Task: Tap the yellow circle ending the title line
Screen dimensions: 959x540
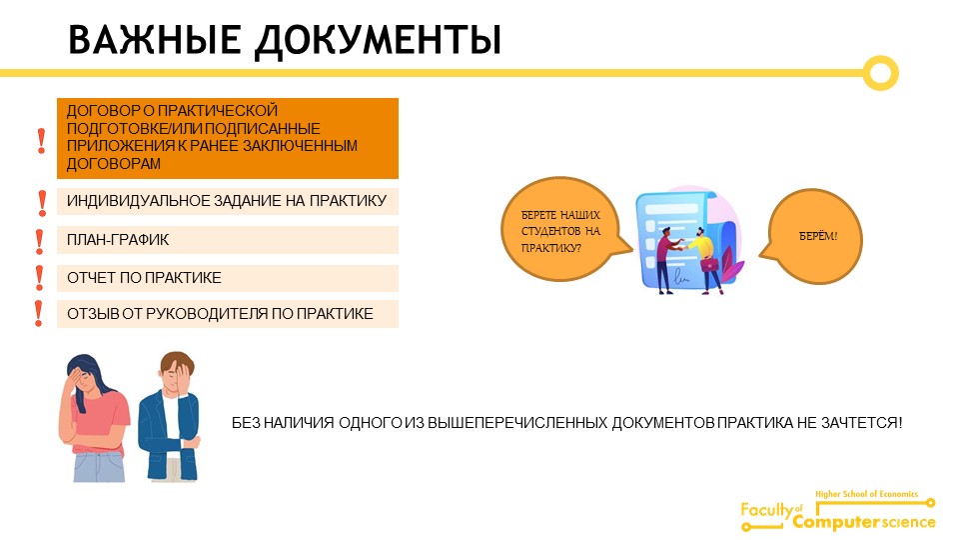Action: pyautogui.click(x=881, y=61)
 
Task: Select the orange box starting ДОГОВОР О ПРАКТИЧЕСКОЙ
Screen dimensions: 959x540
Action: pyautogui.click(x=228, y=138)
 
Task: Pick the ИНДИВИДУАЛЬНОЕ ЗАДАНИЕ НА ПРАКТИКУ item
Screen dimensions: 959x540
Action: pyautogui.click(x=228, y=201)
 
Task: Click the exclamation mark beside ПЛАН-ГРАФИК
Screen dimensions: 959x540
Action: pyautogui.click(x=40, y=241)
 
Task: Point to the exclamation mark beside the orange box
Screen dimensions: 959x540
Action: pyautogui.click(x=41, y=141)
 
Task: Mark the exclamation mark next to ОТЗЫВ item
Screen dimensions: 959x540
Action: pyautogui.click(x=39, y=313)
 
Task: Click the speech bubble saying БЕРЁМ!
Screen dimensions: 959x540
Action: pyautogui.click(x=812, y=236)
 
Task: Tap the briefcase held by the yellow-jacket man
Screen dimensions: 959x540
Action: pyautogui.click(x=709, y=265)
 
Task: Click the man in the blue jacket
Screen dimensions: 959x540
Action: pyautogui.click(x=170, y=416)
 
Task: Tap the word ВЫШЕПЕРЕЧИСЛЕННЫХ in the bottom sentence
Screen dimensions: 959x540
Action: pyautogui.click(x=517, y=422)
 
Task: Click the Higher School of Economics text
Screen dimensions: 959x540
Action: pyautogui.click(x=866, y=494)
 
